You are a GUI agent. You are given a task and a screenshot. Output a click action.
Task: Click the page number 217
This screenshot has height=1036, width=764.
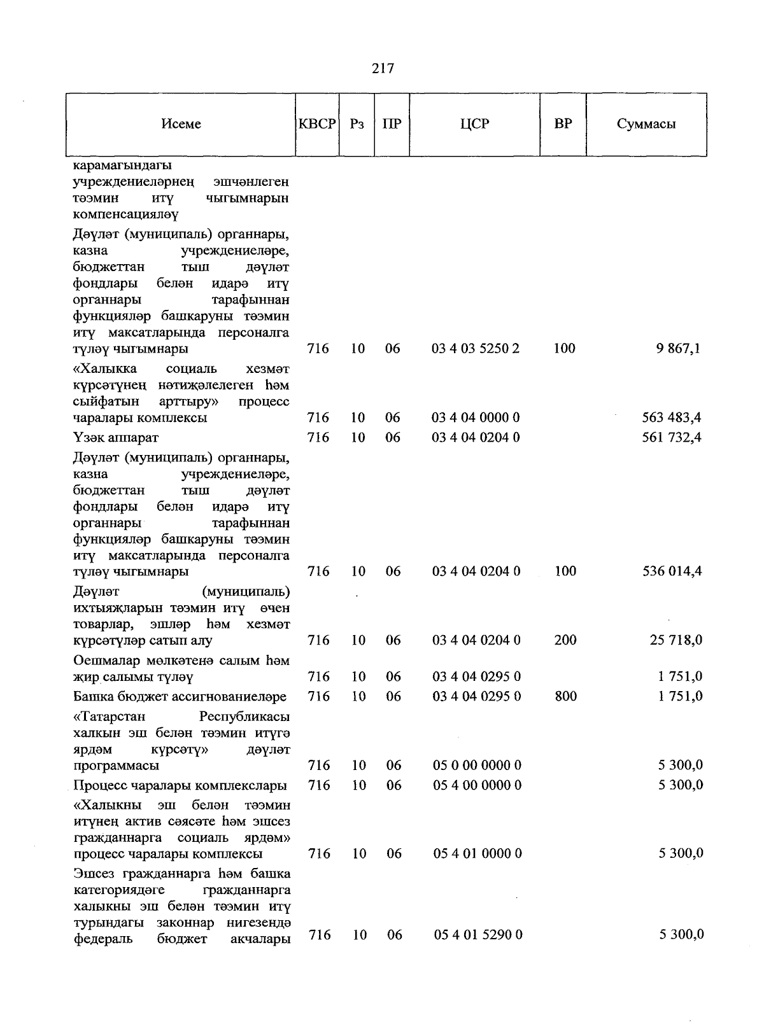pyautogui.click(x=383, y=68)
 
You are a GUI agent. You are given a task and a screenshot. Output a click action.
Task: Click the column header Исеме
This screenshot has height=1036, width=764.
pyautogui.click(x=181, y=124)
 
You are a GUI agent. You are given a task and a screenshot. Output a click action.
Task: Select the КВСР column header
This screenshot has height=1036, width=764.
pyautogui.click(x=317, y=124)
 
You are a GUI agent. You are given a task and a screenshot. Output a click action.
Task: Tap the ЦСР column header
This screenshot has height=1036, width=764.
pyautogui.click(x=474, y=124)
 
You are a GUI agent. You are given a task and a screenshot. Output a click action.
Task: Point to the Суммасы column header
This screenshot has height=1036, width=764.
pyautogui.click(x=646, y=124)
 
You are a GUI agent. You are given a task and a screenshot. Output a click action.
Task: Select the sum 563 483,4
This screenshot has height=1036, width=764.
pyautogui.click(x=671, y=418)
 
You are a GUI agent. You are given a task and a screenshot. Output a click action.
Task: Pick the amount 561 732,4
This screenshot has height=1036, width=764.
pyautogui.click(x=671, y=438)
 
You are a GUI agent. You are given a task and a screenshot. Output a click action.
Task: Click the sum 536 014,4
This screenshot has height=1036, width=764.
pyautogui.click(x=671, y=571)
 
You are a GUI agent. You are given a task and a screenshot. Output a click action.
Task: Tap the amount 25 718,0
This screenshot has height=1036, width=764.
pyautogui.click(x=676, y=641)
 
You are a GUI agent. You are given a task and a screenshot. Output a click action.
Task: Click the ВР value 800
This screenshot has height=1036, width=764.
pyautogui.click(x=565, y=697)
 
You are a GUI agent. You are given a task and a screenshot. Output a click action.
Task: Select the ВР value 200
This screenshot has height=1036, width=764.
pyautogui.click(x=565, y=641)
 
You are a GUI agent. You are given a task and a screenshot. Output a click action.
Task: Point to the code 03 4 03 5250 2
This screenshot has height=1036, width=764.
pyautogui.click(x=476, y=349)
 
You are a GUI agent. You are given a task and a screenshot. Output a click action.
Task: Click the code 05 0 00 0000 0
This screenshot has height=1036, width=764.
pyautogui.click(x=477, y=766)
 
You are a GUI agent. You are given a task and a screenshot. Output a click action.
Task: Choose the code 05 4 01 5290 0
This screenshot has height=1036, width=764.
pyautogui.click(x=478, y=935)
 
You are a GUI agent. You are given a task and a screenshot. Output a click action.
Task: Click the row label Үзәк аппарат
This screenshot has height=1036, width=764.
pyautogui.click(x=116, y=438)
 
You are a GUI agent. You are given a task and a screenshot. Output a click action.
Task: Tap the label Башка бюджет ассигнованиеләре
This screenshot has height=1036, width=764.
pyautogui.click(x=180, y=697)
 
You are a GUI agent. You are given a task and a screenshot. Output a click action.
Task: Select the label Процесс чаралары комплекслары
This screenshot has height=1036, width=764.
pyautogui.click(x=180, y=786)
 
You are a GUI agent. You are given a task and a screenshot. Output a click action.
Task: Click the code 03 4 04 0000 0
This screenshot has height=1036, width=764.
pyautogui.click(x=476, y=418)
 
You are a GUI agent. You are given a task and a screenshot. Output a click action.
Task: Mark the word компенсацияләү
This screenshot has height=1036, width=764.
pyautogui.click(x=125, y=214)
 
